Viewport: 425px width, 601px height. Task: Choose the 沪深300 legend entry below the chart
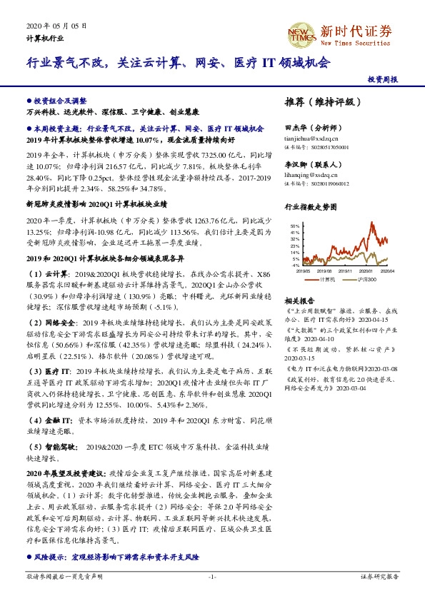(x=366, y=280)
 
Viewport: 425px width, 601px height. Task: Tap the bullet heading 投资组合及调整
(x=59, y=102)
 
